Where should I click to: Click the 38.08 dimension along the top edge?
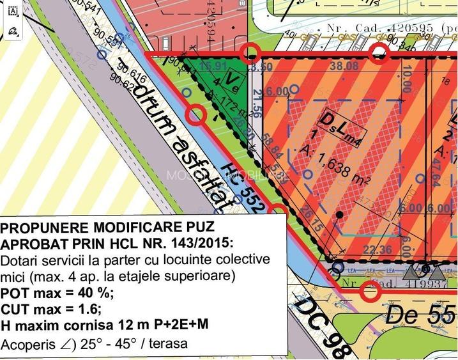click(346, 65)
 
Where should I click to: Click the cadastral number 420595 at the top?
click(409, 28)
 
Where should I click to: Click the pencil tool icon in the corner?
click(13, 31)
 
